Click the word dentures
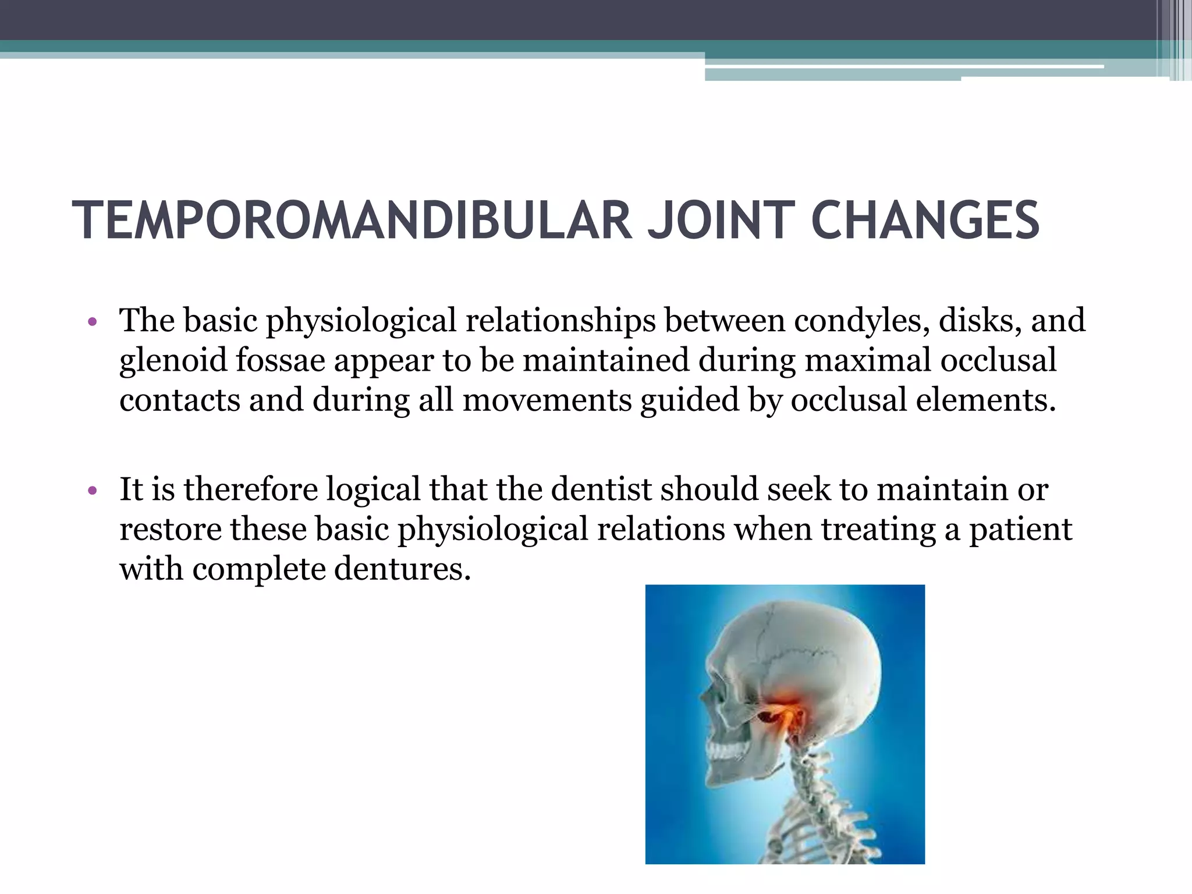click(402, 569)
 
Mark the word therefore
click(251, 489)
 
